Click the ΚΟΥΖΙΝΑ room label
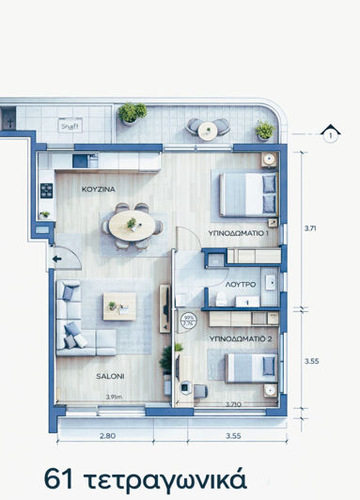pyautogui.click(x=98, y=189)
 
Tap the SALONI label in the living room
pyautogui.click(x=110, y=376)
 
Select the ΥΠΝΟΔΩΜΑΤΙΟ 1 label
pyautogui.click(x=238, y=232)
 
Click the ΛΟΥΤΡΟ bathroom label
pyautogui.click(x=242, y=283)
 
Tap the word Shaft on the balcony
pyautogui.click(x=70, y=124)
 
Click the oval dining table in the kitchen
pyautogui.click(x=133, y=225)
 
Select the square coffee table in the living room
pyautogui.click(x=119, y=306)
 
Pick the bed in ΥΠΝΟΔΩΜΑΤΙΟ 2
pyautogui.click(x=250, y=367)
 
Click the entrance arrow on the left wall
pyautogui.click(x=59, y=259)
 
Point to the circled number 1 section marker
pyautogui.click(x=330, y=133)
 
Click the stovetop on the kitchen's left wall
pyautogui.click(x=45, y=190)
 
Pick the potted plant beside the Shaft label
pyautogui.click(x=132, y=113)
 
